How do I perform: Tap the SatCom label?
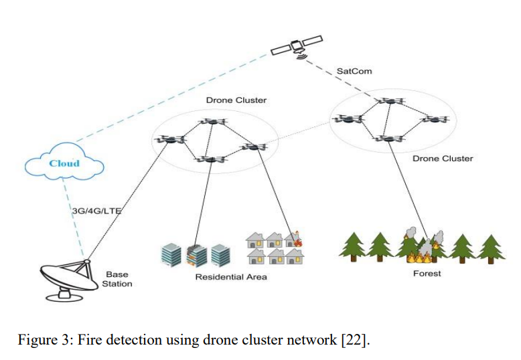[x=354, y=71]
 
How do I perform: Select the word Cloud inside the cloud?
[x=64, y=163]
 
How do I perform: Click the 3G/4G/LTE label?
[x=96, y=211]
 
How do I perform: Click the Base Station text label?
[x=117, y=279]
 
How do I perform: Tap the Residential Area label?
[x=231, y=277]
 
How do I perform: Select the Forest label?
[x=427, y=274]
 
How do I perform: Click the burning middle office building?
[x=196, y=256]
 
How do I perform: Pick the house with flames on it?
[x=293, y=239]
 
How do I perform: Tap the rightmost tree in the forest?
[x=491, y=249]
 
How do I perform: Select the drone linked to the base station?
[x=170, y=139]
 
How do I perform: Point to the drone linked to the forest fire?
[x=389, y=138]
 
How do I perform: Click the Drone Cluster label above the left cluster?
[x=236, y=100]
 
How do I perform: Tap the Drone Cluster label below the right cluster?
[x=443, y=159]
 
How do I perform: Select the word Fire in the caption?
[x=90, y=340]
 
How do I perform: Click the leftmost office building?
[x=171, y=255]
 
